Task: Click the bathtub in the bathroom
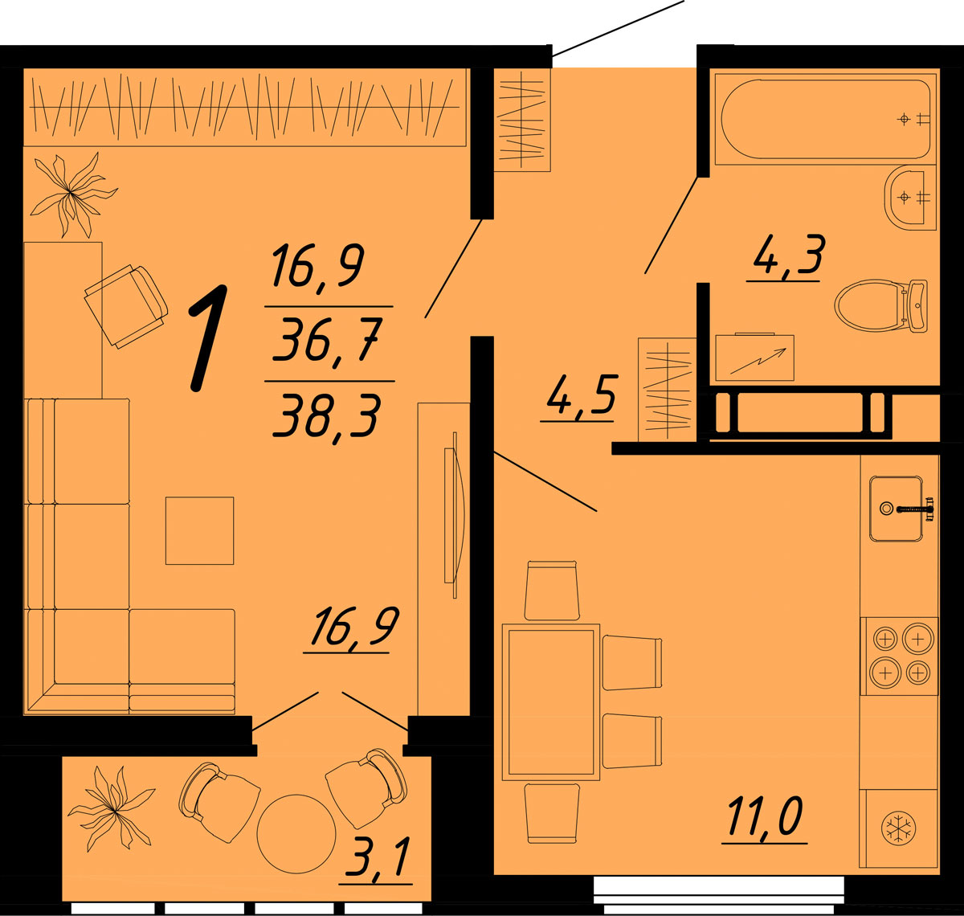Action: point(825,119)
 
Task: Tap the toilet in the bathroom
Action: point(880,305)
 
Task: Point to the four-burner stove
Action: point(899,656)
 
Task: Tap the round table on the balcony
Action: point(296,834)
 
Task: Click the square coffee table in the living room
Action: point(199,530)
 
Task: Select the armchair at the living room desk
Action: point(126,306)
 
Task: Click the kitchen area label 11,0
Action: point(765,817)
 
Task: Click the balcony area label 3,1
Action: point(376,858)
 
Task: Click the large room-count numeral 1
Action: point(208,338)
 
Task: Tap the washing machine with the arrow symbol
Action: point(754,358)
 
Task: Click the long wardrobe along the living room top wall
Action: point(245,107)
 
